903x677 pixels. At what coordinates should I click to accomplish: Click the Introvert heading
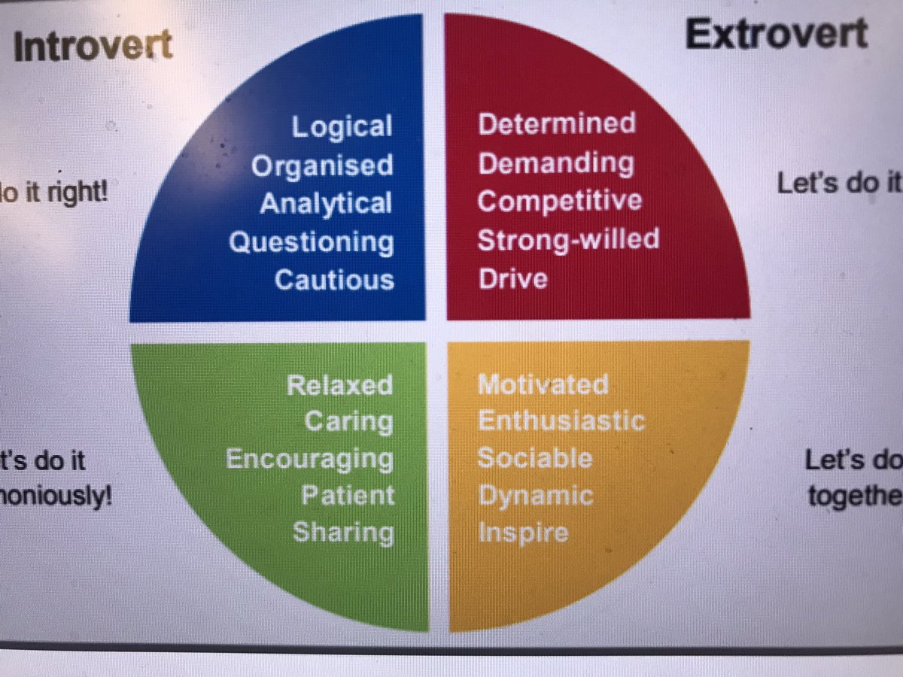[93, 47]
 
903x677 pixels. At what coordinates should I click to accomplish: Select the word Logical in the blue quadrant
[342, 126]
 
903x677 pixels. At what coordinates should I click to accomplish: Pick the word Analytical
[326, 204]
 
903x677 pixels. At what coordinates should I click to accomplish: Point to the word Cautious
[334, 280]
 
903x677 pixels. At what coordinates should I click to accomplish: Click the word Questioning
[311, 242]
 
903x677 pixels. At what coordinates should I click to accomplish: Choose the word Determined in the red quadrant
[557, 123]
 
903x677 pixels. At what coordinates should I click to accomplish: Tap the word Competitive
[560, 202]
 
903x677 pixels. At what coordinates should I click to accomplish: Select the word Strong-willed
[568, 240]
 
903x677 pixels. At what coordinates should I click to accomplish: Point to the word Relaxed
[339, 385]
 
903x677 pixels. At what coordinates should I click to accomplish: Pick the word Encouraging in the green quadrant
[309, 459]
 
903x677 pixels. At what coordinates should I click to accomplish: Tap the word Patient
[348, 496]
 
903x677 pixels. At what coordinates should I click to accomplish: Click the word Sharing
[343, 533]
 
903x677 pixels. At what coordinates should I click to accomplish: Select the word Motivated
[543, 384]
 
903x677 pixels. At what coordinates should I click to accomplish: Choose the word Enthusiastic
[561, 420]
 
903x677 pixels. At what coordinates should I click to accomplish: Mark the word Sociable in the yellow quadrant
[535, 458]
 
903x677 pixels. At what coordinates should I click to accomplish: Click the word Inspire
[523, 533]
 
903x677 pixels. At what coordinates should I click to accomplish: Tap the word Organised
[322, 165]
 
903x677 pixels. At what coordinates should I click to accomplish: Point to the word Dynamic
[535, 496]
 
